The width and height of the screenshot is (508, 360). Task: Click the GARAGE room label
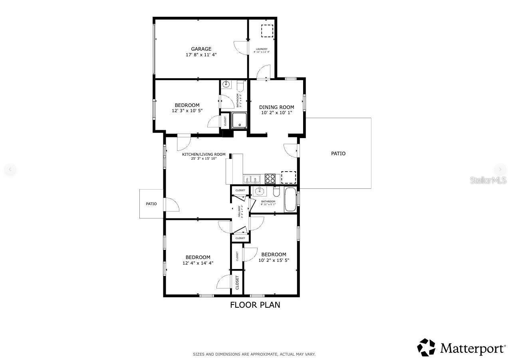pos(201,49)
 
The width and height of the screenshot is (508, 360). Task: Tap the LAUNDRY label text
pos(262,49)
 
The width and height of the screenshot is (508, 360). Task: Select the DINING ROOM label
pos(276,107)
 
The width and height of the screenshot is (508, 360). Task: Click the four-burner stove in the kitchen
pos(270,178)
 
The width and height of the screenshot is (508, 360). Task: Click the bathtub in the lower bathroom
pos(290,200)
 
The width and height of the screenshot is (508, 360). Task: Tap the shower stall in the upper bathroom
pos(240,120)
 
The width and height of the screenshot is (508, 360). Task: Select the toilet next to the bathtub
pos(276,192)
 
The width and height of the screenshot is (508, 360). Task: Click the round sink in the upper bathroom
pos(226,84)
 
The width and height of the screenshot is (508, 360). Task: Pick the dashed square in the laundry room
pos(267,31)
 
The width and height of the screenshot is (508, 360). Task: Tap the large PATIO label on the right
pos(338,154)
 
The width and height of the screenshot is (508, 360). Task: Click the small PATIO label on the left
pos(151,204)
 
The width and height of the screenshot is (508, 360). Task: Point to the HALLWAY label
pos(240,211)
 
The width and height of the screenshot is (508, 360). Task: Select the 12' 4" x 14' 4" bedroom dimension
pos(198,263)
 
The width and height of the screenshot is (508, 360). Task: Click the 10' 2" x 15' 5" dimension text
pos(274,260)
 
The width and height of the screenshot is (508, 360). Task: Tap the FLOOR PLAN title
pos(255,305)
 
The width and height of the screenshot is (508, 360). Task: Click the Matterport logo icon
pos(427,347)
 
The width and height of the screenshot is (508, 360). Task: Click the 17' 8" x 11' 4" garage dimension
pos(201,55)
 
